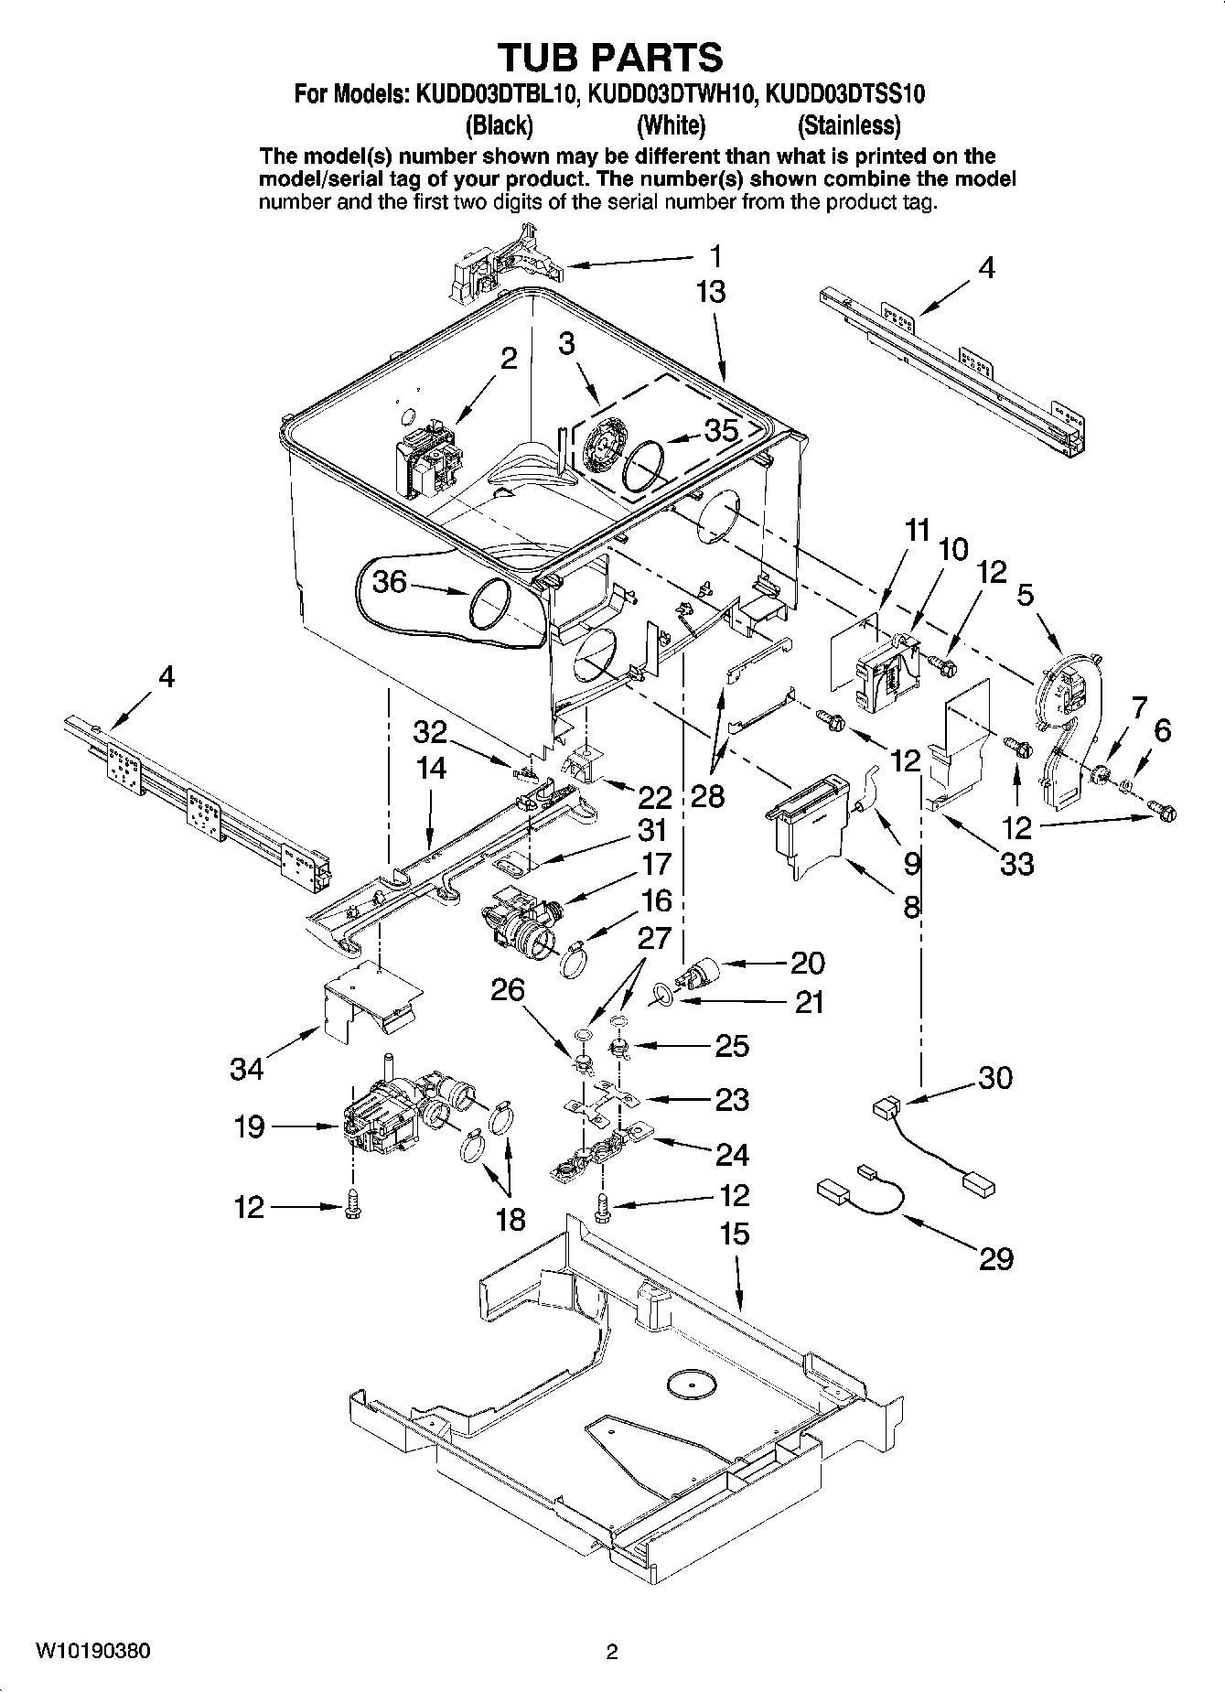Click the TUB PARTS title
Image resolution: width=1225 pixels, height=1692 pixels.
(x=610, y=57)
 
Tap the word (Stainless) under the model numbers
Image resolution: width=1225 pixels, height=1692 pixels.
(x=848, y=124)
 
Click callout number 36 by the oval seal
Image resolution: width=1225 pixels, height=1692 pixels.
(x=390, y=581)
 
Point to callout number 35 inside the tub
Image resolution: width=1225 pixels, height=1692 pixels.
(x=721, y=430)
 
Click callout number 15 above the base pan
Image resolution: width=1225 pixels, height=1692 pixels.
(x=734, y=1234)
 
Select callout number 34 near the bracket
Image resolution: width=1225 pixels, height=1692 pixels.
(x=247, y=1068)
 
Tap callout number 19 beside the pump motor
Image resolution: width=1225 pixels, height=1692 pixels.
(x=249, y=1126)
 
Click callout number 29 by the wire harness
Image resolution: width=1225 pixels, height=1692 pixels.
(x=995, y=1259)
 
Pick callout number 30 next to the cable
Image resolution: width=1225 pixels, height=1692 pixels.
(x=995, y=1077)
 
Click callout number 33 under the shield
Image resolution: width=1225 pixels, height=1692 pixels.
(x=1016, y=863)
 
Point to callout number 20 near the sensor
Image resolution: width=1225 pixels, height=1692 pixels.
(x=807, y=963)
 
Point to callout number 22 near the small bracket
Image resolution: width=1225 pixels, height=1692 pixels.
(x=656, y=796)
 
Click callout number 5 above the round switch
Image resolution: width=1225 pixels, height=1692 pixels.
(x=1025, y=596)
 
